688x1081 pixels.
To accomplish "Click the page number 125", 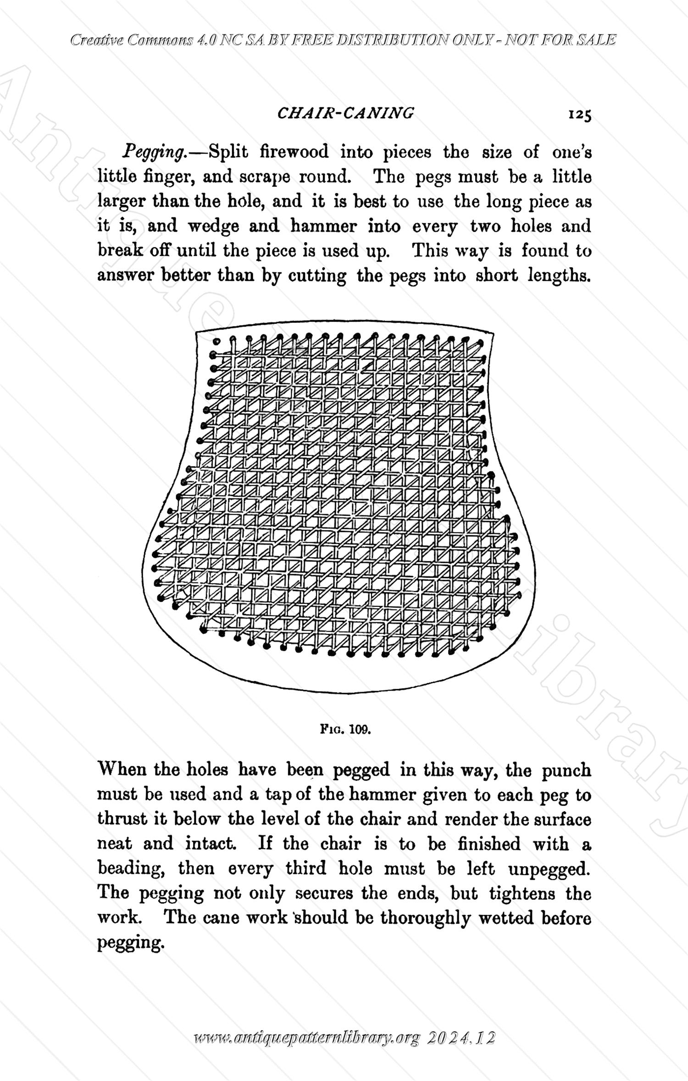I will [579, 114].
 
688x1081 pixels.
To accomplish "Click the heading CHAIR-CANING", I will [345, 113].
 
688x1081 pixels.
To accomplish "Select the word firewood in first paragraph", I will [294, 151].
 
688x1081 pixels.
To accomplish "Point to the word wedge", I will [213, 226].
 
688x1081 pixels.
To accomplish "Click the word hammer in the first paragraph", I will [323, 226].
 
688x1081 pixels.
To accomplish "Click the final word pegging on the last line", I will [130, 942].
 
